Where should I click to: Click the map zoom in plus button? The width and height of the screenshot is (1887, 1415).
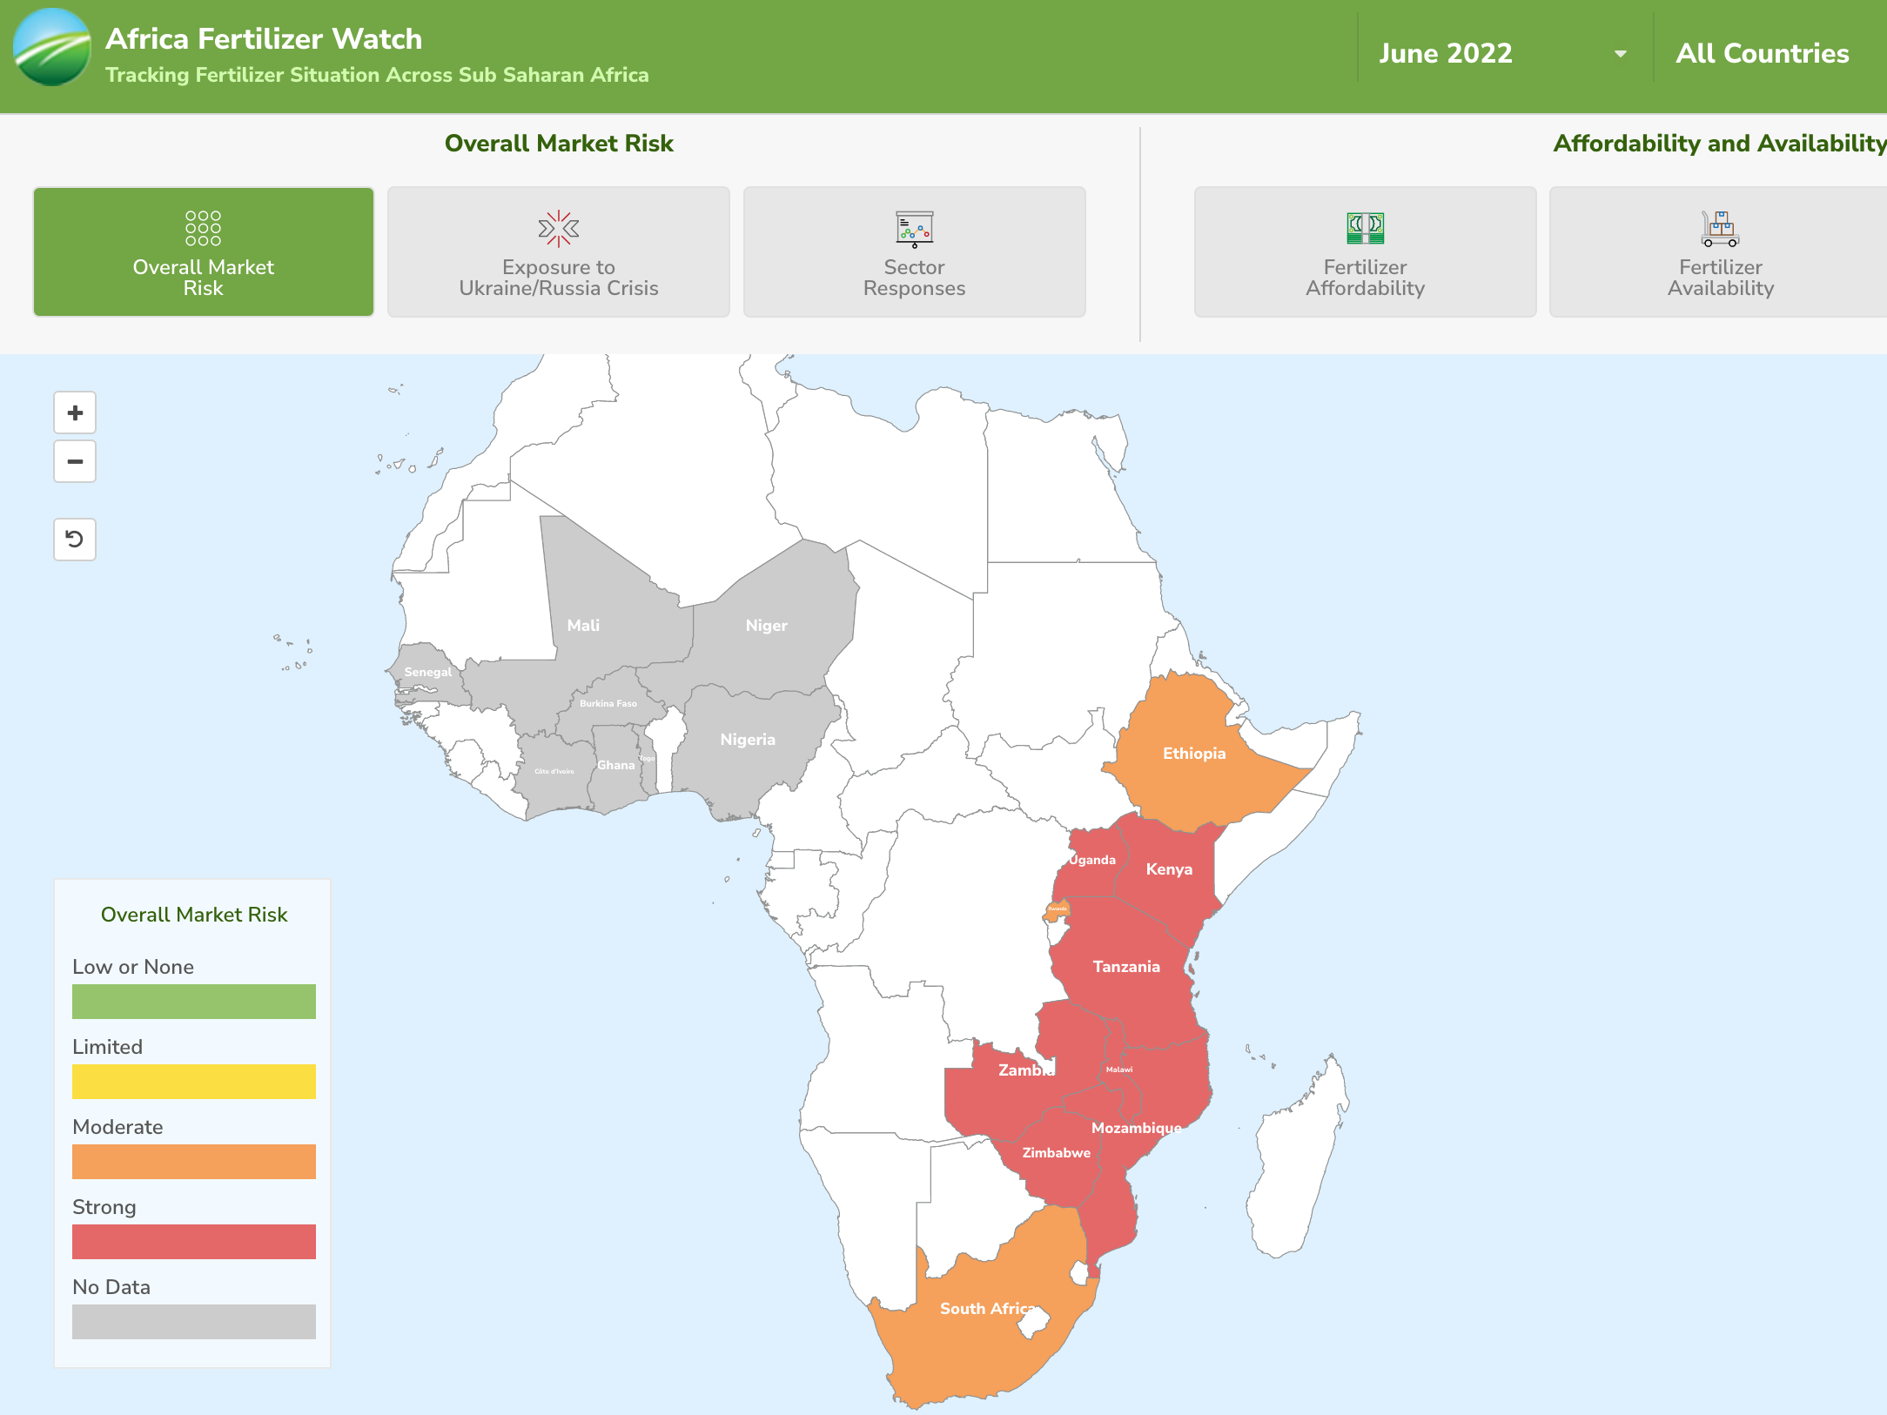(75, 412)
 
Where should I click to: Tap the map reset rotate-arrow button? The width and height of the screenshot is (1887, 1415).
(75, 540)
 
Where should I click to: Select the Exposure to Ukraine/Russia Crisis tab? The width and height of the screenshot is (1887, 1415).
(558, 252)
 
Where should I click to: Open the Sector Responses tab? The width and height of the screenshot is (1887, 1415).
(914, 252)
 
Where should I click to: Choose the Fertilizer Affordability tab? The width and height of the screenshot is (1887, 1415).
(1365, 252)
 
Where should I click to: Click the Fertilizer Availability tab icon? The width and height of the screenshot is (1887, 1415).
(1720, 229)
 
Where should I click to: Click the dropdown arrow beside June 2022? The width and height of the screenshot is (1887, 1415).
(1620, 54)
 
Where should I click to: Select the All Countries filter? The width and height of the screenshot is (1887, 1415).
(1762, 54)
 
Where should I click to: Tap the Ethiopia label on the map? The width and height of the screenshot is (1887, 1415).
(1193, 754)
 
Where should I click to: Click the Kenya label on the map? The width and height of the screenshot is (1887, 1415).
(1168, 869)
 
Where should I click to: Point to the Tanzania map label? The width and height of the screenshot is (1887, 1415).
(1125, 967)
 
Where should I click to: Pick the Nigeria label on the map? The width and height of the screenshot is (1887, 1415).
(747, 740)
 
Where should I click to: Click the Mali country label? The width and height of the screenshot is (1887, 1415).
(583, 626)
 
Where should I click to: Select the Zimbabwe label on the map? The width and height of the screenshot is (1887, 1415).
(1056, 1153)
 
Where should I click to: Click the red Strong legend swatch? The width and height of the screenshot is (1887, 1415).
(193, 1242)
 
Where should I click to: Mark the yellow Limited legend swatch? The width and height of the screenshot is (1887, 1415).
(193, 1082)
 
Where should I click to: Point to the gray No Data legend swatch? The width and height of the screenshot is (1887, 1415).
(193, 1322)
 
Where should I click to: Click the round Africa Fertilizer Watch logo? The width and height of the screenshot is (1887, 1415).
(52, 48)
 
